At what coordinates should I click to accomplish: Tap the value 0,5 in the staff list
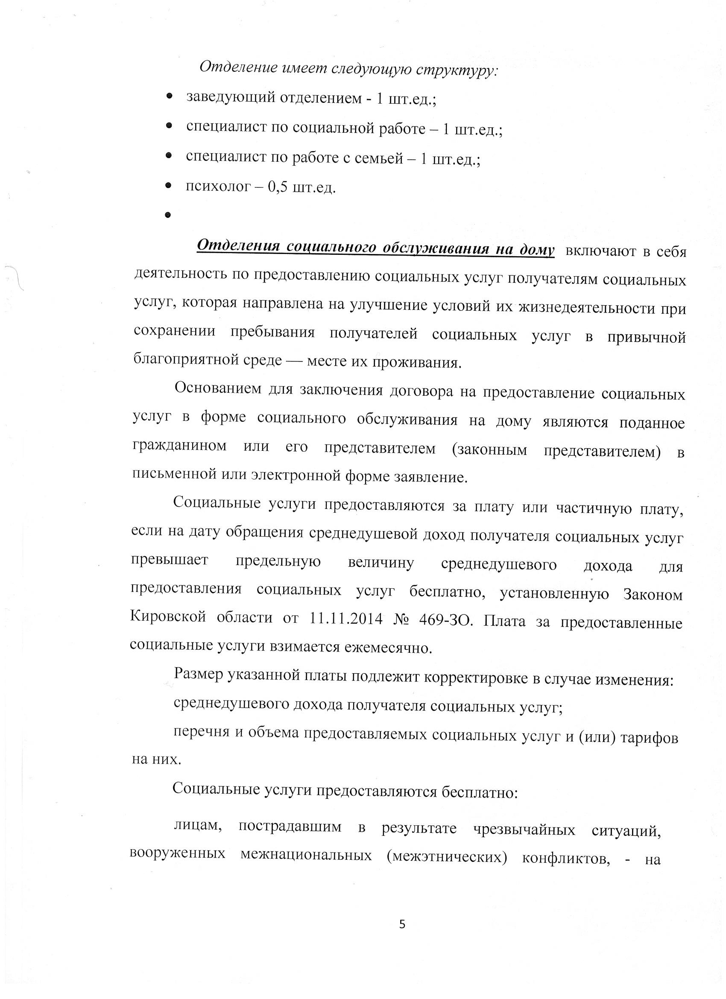[x=278, y=188]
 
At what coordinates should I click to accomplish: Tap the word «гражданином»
[x=179, y=446]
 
